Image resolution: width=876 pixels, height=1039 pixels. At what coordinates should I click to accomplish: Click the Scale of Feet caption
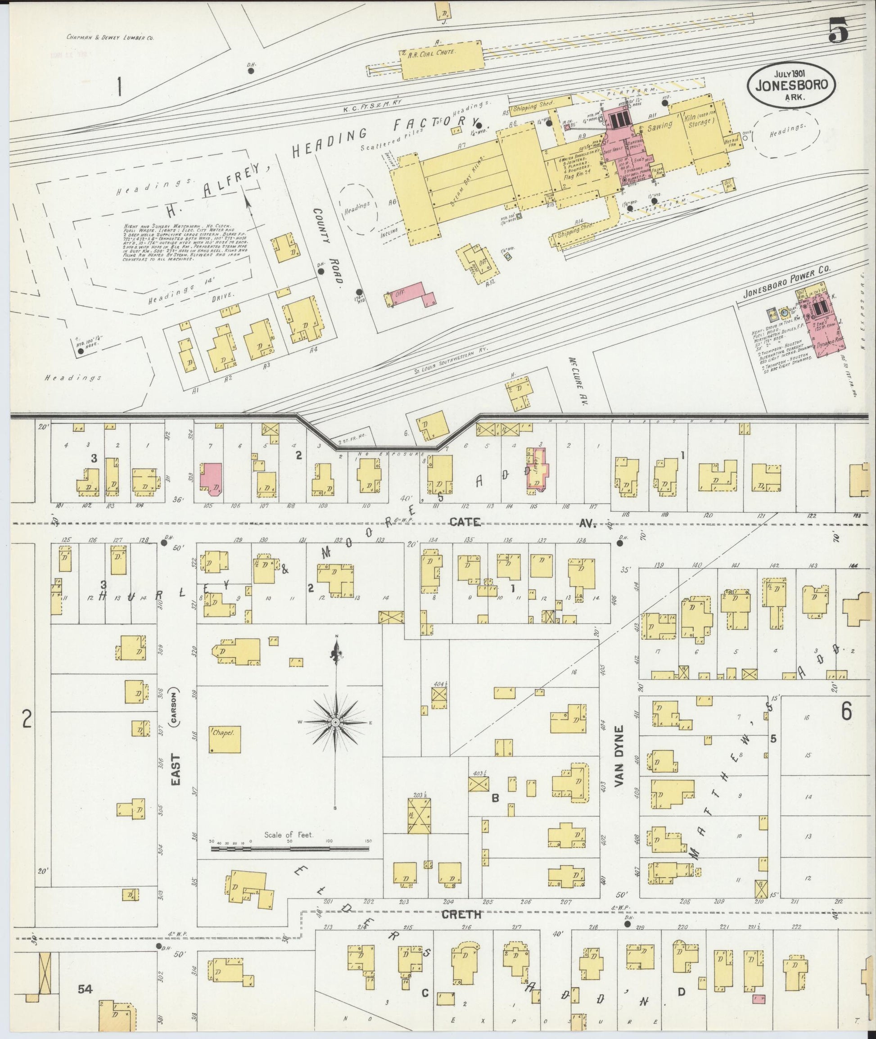(x=289, y=834)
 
